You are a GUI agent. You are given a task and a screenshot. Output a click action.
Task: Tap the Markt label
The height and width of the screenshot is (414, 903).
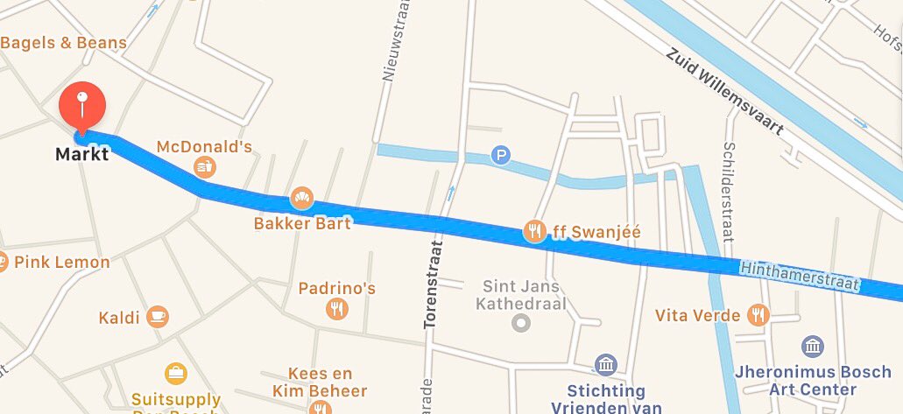(x=81, y=155)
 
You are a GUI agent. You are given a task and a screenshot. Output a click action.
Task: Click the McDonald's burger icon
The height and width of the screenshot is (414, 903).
(x=204, y=165)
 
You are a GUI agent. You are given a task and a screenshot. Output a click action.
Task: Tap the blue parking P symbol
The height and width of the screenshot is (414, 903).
(x=500, y=155)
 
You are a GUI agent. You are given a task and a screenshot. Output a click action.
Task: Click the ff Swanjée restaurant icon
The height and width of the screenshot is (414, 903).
(x=534, y=231)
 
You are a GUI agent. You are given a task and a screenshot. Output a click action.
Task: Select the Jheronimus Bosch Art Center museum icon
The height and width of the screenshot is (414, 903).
(x=812, y=346)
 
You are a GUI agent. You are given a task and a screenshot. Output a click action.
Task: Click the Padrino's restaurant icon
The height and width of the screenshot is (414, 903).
(x=336, y=308)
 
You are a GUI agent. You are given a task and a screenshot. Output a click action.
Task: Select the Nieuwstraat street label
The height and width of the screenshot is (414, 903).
(x=389, y=41)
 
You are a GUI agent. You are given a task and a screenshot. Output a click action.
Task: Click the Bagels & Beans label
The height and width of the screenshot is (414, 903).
(x=64, y=42)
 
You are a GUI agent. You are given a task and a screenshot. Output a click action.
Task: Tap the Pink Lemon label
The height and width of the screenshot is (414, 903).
(x=61, y=262)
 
